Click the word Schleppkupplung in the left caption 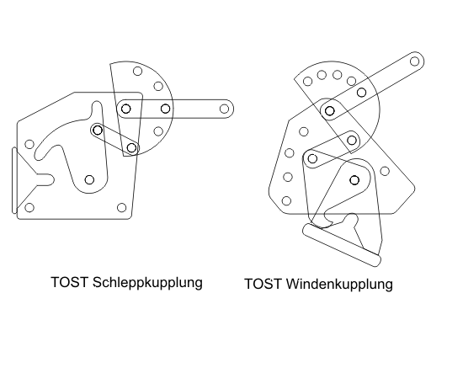pos(147,282)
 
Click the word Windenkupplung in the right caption pos(339,284)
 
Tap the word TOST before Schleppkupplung pos(70,282)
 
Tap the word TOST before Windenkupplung pos(263,284)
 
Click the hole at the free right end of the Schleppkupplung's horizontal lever pos(225,109)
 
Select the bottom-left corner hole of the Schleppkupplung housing pos(29,208)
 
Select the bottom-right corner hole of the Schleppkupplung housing pos(122,208)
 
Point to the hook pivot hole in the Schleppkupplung pos(89,179)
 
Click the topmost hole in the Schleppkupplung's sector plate pos(137,72)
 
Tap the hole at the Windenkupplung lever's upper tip pos(415,61)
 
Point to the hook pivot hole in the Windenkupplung pos(354,180)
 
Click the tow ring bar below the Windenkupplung pos(342,245)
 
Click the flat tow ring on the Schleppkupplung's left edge pos(14,180)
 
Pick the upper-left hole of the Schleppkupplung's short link pos(98,130)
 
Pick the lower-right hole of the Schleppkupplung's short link pos(132,147)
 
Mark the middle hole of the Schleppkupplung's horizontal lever pos(166,109)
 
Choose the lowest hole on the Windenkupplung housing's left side pos(286,201)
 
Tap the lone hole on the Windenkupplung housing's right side pos(385,171)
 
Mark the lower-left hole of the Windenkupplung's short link pos(312,158)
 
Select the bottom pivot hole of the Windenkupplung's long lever pos(329,111)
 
